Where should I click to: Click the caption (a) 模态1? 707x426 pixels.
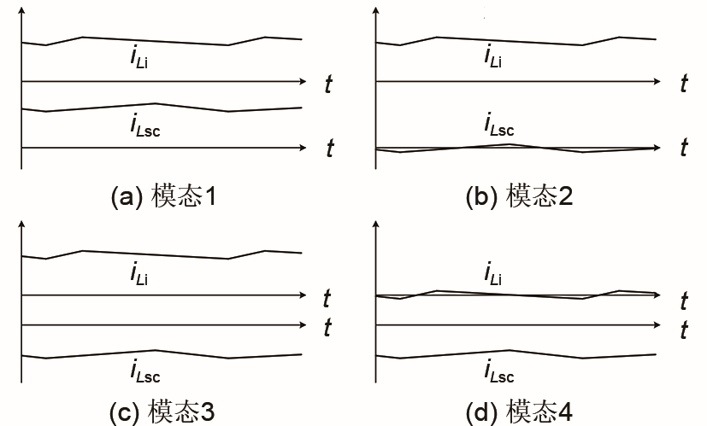(x=163, y=195)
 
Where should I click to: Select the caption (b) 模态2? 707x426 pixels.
(x=519, y=195)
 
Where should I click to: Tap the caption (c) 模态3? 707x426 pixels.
(x=162, y=411)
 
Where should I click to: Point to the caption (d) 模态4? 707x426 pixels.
(x=519, y=411)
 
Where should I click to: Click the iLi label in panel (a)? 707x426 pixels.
(x=138, y=57)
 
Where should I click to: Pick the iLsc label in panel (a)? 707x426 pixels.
(x=144, y=125)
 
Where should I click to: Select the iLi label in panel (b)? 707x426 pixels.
(x=492, y=57)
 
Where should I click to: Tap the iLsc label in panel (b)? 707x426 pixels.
(x=498, y=125)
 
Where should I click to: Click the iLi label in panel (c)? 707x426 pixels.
(x=138, y=273)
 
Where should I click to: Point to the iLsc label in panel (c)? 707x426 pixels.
(x=144, y=371)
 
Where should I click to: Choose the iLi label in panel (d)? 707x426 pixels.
(x=492, y=273)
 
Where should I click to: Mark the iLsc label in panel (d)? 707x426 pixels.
(x=498, y=371)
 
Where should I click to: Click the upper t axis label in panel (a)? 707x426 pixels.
(x=328, y=85)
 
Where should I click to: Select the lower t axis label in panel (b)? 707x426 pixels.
(x=684, y=148)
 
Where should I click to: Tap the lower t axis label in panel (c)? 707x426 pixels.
(x=327, y=328)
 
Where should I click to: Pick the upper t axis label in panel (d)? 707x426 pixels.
(x=684, y=301)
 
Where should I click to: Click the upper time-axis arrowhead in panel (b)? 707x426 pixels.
(x=659, y=81)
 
